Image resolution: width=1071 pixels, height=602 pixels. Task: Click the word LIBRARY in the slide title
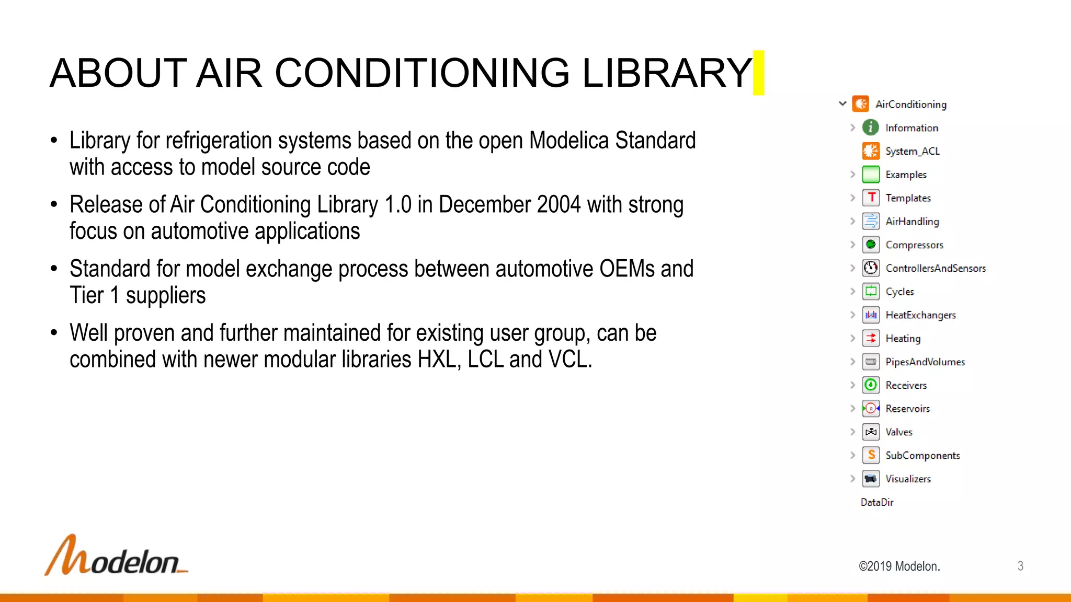pyautogui.click(x=666, y=73)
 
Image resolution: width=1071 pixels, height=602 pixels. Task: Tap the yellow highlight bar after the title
pyautogui.click(x=758, y=73)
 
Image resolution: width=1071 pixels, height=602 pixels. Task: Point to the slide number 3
pyautogui.click(x=1020, y=566)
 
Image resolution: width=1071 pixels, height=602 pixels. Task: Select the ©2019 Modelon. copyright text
pyautogui.click(x=899, y=566)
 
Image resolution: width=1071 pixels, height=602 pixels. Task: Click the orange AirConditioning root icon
pyautogui.click(x=860, y=104)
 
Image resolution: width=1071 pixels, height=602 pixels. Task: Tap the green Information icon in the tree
pyautogui.click(x=871, y=128)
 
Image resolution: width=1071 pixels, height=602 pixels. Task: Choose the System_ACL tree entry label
pyautogui.click(x=913, y=151)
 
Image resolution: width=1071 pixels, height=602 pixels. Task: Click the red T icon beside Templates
pyautogui.click(x=871, y=198)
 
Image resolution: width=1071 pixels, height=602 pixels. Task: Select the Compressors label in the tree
pyautogui.click(x=914, y=245)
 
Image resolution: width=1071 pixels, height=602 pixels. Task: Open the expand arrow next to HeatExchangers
pyautogui.click(x=852, y=315)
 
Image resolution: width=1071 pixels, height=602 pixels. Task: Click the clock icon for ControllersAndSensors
pyautogui.click(x=871, y=268)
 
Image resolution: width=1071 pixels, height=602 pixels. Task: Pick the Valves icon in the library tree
pyautogui.click(x=871, y=432)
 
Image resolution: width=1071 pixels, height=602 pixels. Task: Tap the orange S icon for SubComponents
pyautogui.click(x=871, y=455)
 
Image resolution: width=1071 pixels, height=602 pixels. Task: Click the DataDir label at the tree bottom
pyautogui.click(x=877, y=502)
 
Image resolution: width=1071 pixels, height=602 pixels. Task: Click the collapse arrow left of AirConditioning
pyautogui.click(x=842, y=103)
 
